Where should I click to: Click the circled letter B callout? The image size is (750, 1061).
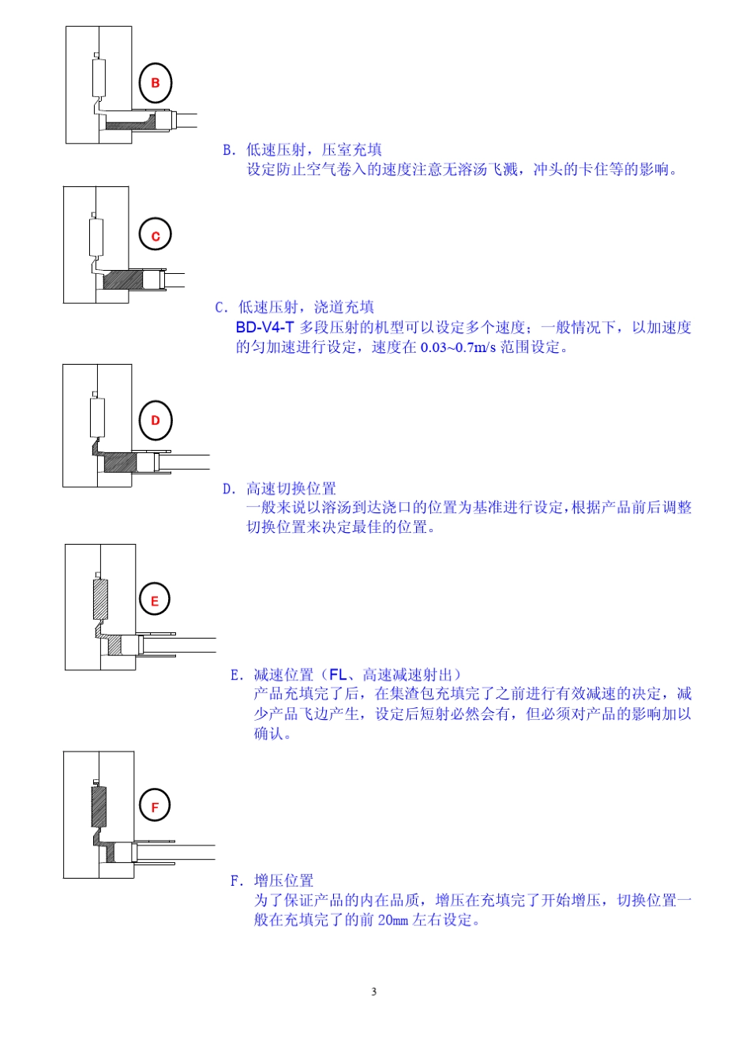155,83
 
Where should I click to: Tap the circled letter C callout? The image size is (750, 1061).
155,235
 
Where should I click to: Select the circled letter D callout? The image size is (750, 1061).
156,420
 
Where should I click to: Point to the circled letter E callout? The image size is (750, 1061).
155,598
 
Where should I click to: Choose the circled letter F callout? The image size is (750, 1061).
155,805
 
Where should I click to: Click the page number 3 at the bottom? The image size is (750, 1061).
373,992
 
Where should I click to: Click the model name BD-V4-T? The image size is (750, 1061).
264,327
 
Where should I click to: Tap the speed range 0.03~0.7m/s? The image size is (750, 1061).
458,347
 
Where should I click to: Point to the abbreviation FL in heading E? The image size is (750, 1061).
338,674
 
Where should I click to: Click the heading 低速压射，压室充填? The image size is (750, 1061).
313,150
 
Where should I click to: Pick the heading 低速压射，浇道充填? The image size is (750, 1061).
306,307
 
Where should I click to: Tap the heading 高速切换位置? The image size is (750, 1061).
291,489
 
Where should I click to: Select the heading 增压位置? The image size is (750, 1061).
283,880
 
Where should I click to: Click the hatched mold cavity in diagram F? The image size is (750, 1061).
99,805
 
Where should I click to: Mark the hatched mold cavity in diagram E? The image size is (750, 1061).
100,599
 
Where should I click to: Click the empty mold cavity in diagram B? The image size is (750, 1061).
99,77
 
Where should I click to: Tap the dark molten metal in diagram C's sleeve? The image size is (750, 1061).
122,280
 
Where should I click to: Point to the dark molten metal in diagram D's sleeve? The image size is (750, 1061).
120,463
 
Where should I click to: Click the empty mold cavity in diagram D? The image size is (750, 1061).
97,418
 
